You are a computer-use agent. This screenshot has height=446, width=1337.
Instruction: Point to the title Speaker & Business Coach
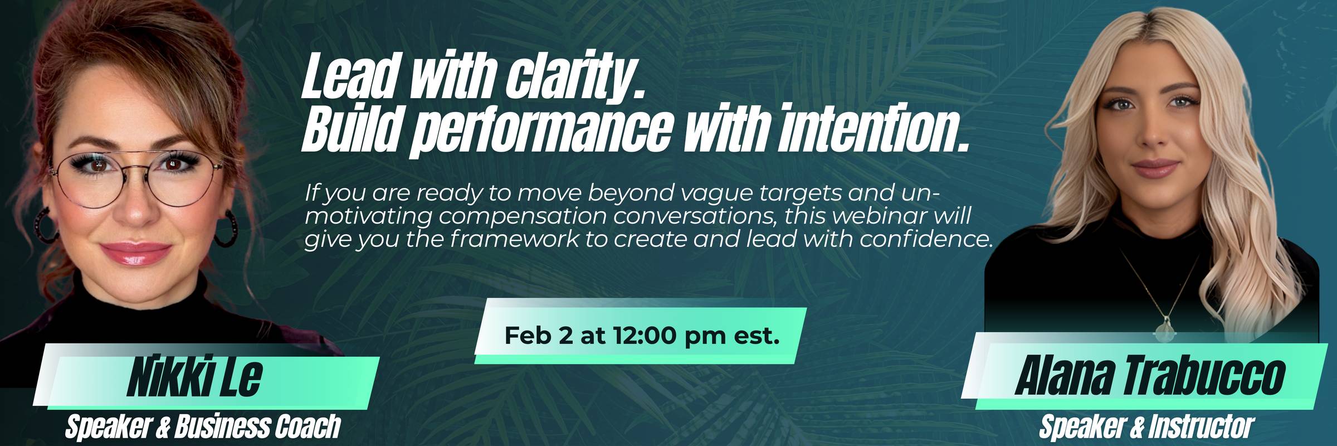coord(203,427)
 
